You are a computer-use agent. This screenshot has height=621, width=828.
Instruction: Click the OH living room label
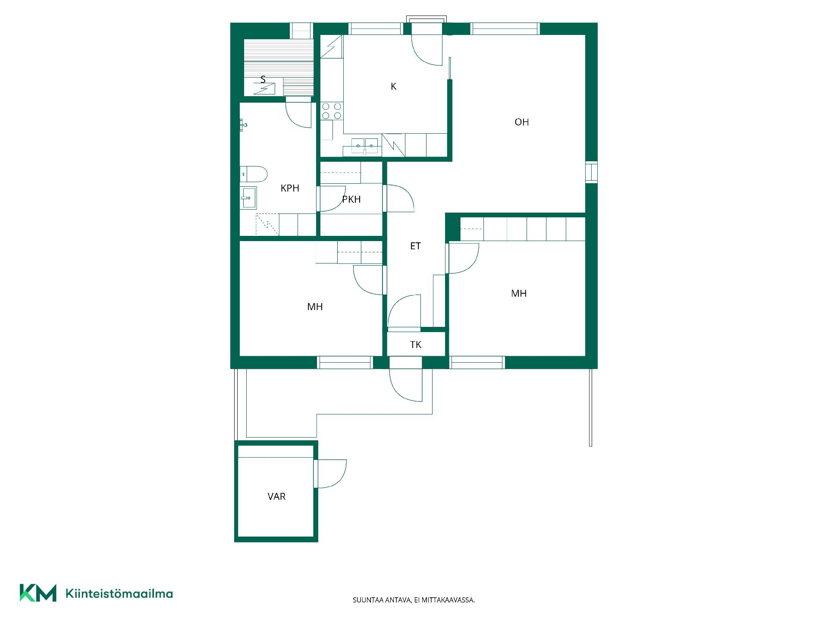521,122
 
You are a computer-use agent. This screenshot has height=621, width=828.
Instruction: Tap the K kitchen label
393,87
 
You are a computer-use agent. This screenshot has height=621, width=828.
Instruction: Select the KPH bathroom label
290,188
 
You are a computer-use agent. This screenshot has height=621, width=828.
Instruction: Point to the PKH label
351,199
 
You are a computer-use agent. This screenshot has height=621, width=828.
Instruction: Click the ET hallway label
415,246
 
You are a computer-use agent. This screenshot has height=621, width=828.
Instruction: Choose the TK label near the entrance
416,345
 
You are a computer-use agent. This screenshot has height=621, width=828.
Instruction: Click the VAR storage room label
276,496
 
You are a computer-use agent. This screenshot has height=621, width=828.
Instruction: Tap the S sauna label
263,79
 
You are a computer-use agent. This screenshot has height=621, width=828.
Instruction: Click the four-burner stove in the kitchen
332,111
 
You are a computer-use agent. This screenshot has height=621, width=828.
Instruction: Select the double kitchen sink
365,146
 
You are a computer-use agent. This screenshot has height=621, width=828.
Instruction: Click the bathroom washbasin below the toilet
248,198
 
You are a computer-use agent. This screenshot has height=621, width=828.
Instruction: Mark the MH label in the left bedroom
315,307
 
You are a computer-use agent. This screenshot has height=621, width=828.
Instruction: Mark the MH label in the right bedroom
519,293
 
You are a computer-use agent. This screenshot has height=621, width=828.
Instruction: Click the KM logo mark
38,593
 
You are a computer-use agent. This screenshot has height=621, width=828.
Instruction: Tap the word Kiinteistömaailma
119,593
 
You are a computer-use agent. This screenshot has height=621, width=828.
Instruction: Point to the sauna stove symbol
264,89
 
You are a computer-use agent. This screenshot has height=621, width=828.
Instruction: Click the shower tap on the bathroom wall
244,125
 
